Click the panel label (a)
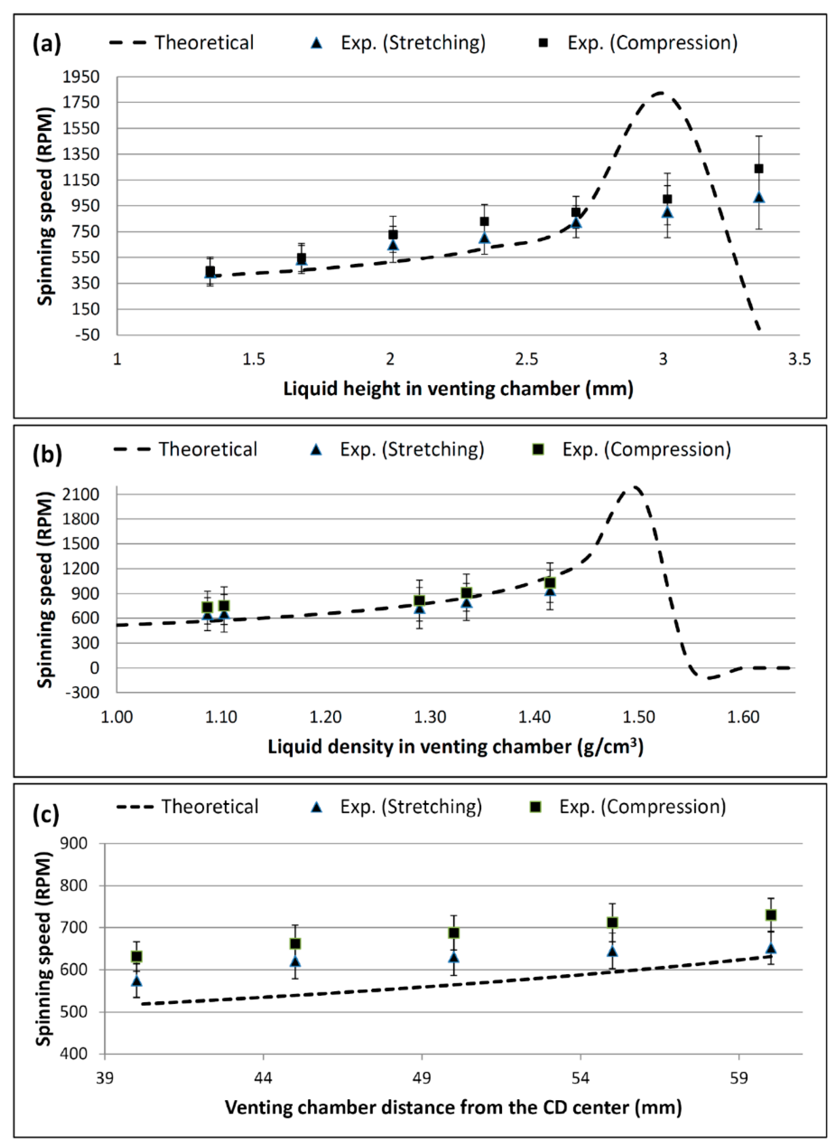pyautogui.click(x=47, y=43)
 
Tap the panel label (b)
pyautogui.click(x=47, y=453)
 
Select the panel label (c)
pyautogui.click(x=47, y=813)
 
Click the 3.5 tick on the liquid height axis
pyautogui.click(x=799, y=359)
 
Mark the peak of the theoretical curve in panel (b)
pyautogui.click(x=633, y=487)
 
